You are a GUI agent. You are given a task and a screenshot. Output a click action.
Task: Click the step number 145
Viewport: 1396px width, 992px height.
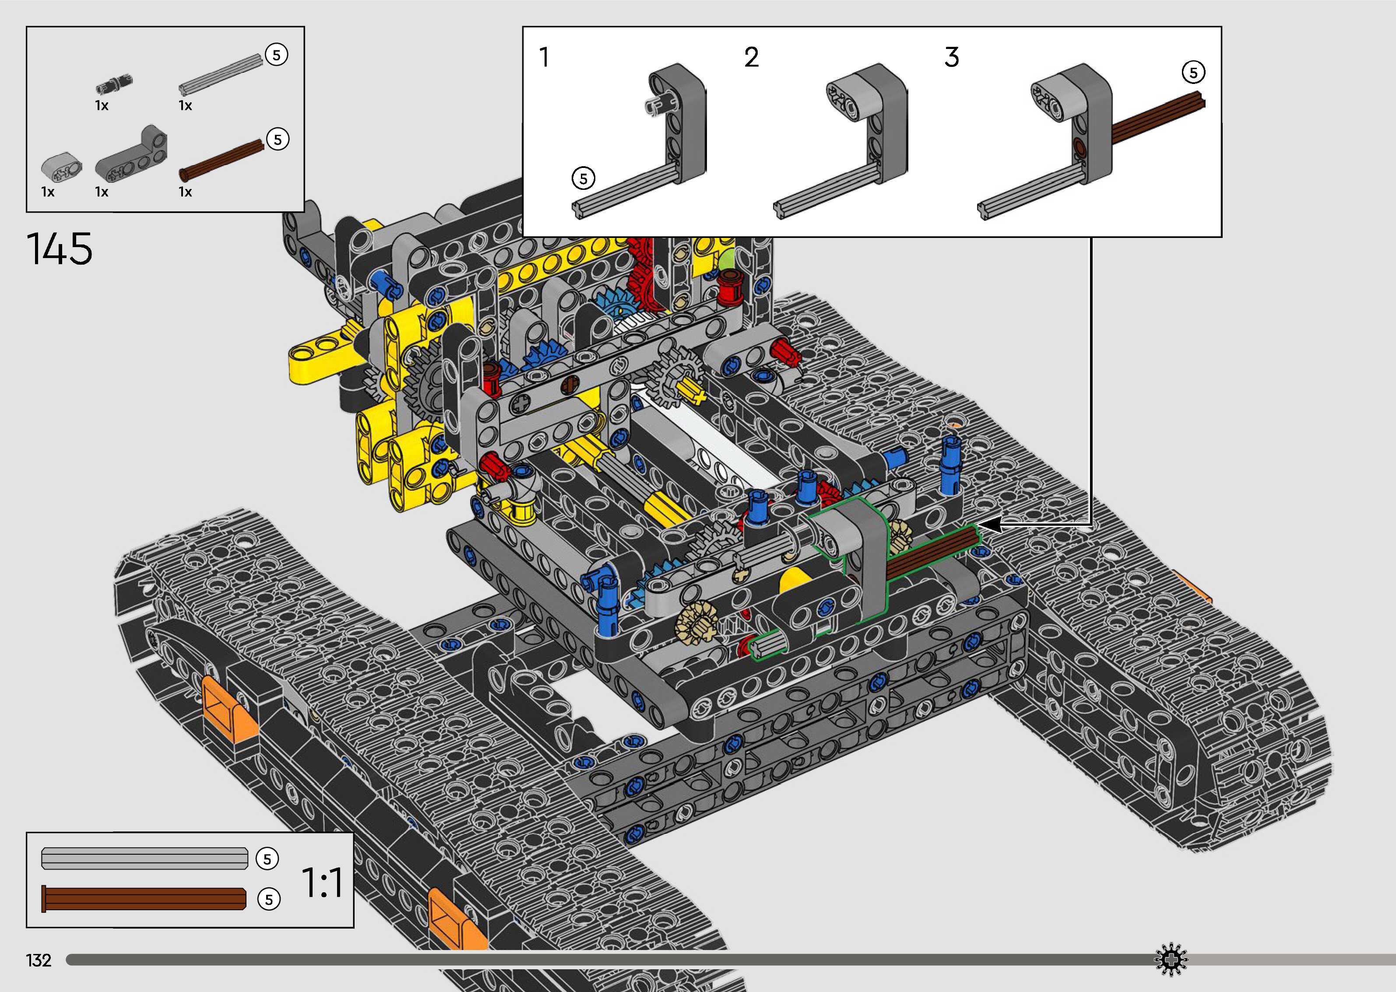tap(59, 248)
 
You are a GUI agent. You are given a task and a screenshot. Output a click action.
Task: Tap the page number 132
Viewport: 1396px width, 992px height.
tap(39, 960)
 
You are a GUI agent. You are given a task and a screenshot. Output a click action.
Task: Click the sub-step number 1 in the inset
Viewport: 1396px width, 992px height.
tap(545, 57)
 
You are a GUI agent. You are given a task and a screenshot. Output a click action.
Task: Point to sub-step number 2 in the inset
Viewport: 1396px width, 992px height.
tap(752, 57)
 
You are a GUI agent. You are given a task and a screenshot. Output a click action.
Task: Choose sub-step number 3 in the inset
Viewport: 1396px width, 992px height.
tap(952, 57)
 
